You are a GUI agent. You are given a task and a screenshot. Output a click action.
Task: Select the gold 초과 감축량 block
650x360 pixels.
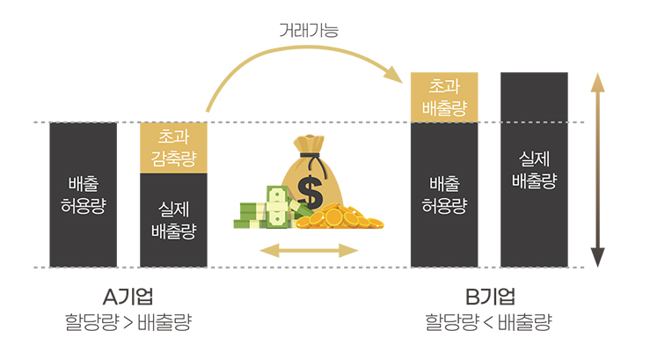[x=173, y=148]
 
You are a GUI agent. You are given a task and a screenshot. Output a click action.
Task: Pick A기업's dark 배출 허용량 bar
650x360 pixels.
[x=84, y=195]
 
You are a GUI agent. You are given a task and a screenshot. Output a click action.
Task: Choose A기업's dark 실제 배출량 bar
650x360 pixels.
[x=173, y=220]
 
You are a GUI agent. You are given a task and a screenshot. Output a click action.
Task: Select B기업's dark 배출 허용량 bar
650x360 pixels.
[x=444, y=195]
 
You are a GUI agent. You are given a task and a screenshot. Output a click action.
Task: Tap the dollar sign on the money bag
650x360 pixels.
[x=310, y=188]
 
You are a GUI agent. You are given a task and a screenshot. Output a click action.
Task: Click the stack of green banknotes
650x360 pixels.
[x=264, y=209]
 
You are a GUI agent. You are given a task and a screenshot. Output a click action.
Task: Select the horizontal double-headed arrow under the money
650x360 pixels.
[x=309, y=252]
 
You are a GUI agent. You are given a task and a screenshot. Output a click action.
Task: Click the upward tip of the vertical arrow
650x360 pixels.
[x=598, y=80]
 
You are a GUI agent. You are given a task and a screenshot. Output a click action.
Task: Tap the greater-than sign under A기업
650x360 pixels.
[x=128, y=322]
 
